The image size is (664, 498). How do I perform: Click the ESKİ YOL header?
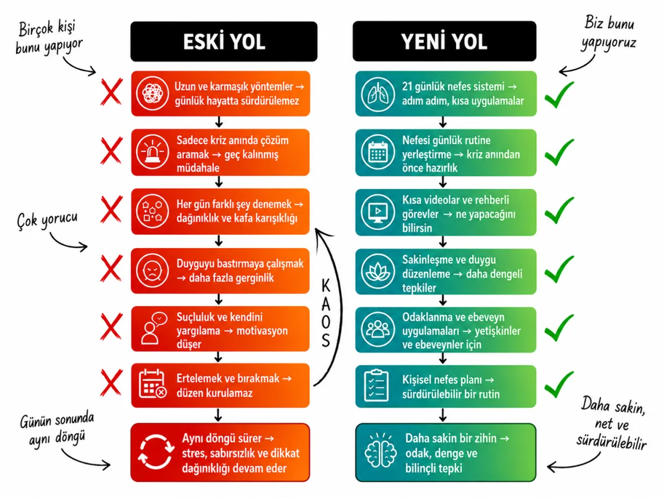(224, 42)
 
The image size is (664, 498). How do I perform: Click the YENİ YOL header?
(444, 41)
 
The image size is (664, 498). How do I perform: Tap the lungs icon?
(378, 94)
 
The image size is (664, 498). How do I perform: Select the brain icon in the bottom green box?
(381, 452)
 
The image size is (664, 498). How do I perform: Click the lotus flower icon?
(378, 271)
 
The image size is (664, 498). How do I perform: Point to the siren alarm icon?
(152, 152)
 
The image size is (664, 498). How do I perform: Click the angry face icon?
(152, 271)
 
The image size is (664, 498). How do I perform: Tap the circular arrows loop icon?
(156, 451)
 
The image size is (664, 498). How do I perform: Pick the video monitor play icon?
(378, 212)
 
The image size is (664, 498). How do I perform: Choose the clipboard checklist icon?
(376, 385)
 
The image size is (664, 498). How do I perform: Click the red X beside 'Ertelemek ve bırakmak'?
(111, 382)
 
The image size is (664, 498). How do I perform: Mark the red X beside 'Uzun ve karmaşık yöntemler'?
(111, 92)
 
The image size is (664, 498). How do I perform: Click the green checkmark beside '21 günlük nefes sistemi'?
(559, 95)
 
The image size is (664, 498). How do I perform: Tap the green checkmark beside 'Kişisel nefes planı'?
(559, 384)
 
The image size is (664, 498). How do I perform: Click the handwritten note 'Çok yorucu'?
(47, 220)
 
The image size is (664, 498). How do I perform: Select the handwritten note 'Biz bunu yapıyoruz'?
(609, 34)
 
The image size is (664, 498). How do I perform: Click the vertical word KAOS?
(326, 313)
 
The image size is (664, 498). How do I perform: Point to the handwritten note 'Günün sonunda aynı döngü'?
(57, 428)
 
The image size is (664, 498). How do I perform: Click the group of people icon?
(378, 330)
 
